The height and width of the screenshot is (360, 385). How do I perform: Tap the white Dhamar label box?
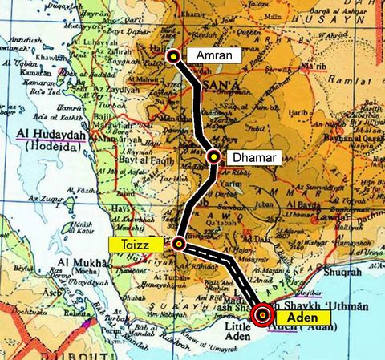pos(253,157)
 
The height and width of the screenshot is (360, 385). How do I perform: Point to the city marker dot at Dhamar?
pos(214,157)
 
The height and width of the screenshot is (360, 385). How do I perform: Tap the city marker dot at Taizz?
pos(178,242)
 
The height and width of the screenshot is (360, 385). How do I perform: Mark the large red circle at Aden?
pos(262,315)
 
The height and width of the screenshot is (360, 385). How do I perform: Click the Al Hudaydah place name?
pos(53,136)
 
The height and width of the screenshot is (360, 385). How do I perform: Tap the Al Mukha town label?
pos(80,262)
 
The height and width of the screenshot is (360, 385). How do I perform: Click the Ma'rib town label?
pos(313,67)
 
